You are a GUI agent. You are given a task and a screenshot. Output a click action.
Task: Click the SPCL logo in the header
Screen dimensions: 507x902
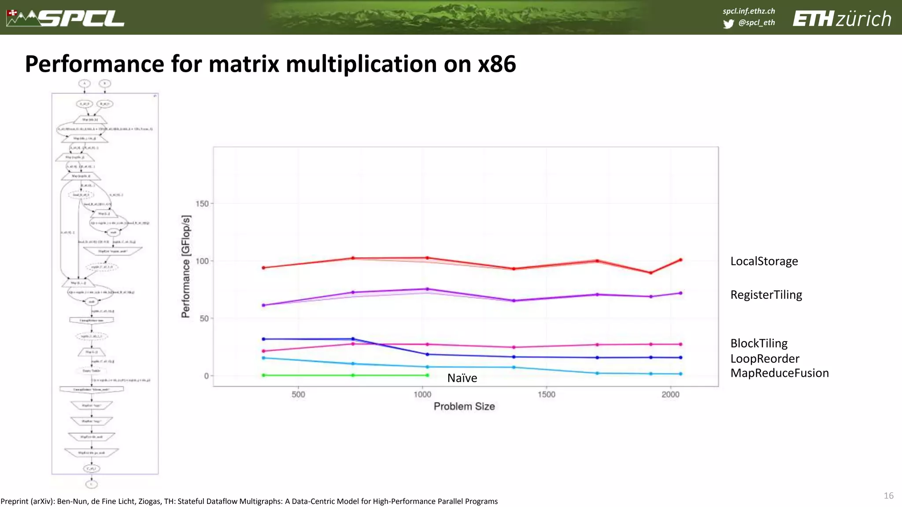[66, 18]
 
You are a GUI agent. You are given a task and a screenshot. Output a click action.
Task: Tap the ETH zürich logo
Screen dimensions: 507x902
[842, 19]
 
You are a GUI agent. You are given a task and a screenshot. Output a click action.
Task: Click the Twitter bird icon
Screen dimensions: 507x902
[728, 23]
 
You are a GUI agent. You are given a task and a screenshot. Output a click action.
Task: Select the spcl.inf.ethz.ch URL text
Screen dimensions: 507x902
[748, 11]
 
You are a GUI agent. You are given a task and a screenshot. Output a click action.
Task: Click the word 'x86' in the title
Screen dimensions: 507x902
[497, 64]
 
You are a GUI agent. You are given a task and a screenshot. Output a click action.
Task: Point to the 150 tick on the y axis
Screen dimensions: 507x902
[202, 204]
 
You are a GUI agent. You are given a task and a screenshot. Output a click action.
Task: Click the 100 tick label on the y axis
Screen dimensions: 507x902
[202, 261]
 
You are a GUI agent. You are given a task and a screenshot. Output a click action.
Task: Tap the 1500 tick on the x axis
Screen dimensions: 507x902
[546, 394]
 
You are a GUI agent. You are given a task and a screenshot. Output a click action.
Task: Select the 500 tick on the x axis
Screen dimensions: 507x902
[298, 394]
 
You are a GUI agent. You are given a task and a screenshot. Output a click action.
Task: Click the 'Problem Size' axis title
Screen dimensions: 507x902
[464, 406]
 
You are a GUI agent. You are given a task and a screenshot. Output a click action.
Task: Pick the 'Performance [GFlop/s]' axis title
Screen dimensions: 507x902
[186, 266]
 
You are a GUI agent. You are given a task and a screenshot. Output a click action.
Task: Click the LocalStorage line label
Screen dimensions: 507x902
[764, 261]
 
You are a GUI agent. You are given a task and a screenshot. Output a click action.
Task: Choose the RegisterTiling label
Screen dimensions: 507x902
[766, 295]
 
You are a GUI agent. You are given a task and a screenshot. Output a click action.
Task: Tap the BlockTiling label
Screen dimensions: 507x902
[759, 343]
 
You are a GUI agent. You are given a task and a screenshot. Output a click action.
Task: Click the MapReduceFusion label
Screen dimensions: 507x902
[779, 373]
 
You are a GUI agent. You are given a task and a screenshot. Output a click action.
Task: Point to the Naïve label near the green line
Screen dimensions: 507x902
[462, 378]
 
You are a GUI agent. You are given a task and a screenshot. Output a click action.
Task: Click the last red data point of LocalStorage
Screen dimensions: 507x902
[680, 260]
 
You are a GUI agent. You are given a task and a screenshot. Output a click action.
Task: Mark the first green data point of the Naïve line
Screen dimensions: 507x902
[263, 375]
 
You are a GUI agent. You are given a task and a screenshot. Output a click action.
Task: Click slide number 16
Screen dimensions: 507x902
[888, 496]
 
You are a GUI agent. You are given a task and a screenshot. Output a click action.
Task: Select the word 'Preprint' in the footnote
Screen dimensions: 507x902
[15, 501]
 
